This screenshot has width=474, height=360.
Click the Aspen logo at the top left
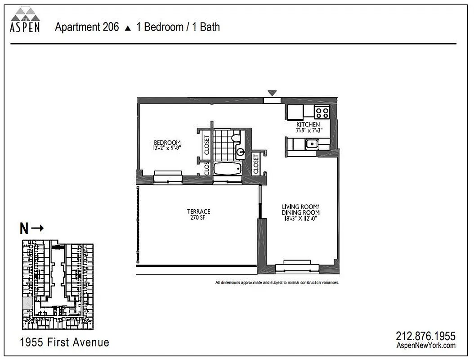pyautogui.click(x=25, y=20)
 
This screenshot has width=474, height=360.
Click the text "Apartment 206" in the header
pyautogui.click(x=87, y=27)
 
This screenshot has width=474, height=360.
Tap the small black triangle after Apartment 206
pyautogui.click(x=128, y=28)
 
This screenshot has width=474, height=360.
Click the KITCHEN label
pyautogui.click(x=308, y=125)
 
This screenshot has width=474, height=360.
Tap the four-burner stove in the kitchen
pyautogui.click(x=322, y=112)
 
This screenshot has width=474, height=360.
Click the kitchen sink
pyautogui.click(x=311, y=144)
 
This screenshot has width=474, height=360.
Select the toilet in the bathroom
pyautogui.click(x=235, y=138)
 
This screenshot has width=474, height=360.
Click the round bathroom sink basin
pyautogui.click(x=240, y=152)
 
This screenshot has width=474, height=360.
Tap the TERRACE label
pyautogui.click(x=198, y=211)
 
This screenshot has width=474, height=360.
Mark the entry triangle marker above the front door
pyautogui.click(x=271, y=93)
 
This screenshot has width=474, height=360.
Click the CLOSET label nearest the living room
pyautogui.click(x=256, y=164)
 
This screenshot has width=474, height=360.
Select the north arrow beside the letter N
pyautogui.click(x=38, y=228)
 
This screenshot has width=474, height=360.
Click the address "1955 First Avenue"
pyautogui.click(x=65, y=342)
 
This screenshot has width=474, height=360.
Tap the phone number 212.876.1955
pyautogui.click(x=425, y=336)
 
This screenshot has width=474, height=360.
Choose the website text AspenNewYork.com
pyautogui.click(x=425, y=345)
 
